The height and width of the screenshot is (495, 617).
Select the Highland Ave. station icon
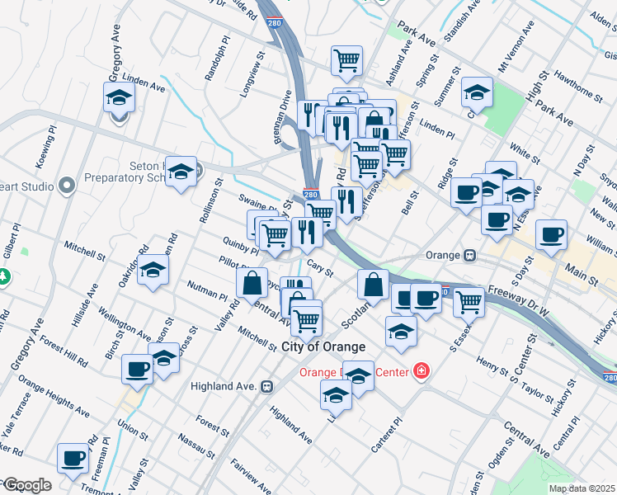point(266,386)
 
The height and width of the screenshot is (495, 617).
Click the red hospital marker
point(422,373)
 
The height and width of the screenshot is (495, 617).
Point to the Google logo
point(26,485)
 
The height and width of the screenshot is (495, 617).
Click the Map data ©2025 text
point(582,488)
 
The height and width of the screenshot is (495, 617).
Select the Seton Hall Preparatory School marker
point(181,171)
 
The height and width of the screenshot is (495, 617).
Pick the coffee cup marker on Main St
point(551,234)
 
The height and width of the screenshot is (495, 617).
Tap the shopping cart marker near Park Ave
point(347,59)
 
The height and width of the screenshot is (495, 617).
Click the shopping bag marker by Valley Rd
point(252,281)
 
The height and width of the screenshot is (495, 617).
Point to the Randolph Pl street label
point(222,56)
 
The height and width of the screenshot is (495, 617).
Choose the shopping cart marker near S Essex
point(469,301)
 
